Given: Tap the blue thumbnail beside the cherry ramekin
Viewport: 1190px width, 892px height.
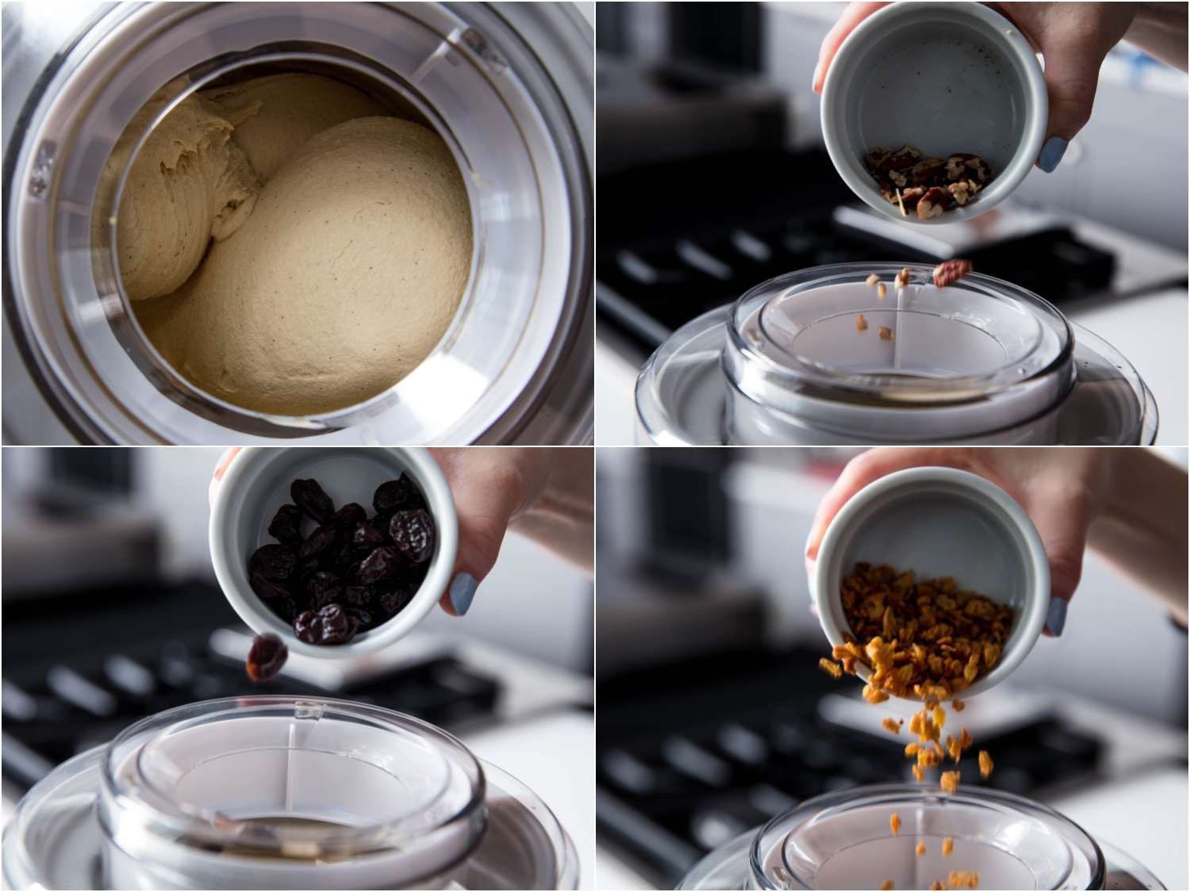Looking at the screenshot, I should click(x=465, y=594).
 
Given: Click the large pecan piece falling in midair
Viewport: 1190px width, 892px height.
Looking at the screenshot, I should click(x=946, y=274).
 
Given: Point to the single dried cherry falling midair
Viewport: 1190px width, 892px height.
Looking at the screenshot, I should click(x=266, y=659).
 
